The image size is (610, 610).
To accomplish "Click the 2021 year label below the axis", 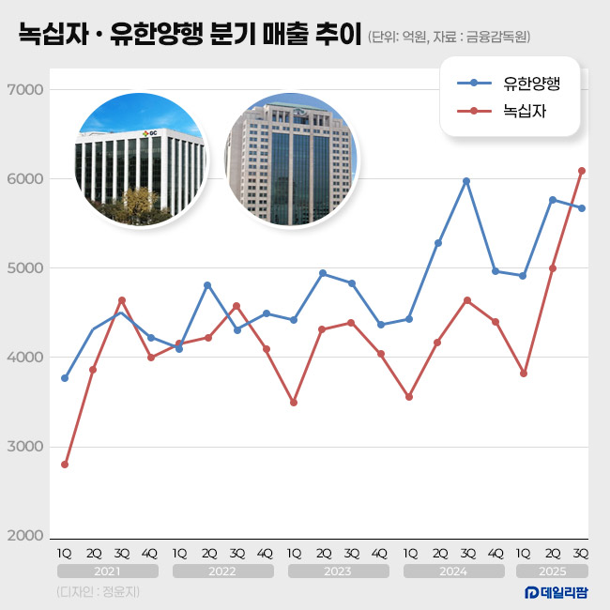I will (x=107, y=571).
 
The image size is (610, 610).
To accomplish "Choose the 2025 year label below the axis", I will (x=553, y=571).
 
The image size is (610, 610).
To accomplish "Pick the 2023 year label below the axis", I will (x=338, y=571).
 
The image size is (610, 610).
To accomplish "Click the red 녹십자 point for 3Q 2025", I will (x=582, y=171).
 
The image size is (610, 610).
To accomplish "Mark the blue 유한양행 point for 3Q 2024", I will (x=466, y=181).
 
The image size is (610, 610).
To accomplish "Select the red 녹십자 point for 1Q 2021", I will (x=65, y=465).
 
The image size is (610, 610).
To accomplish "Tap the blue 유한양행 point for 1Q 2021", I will (x=65, y=378).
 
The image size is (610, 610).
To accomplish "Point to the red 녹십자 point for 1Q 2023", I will (x=295, y=403).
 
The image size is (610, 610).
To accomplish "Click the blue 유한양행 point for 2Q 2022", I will (x=207, y=285).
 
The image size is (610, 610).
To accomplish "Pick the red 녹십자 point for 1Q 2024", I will (x=409, y=397).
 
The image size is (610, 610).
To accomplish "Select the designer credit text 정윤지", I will (x=120, y=592).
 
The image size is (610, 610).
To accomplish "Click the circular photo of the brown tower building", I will (x=289, y=160).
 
